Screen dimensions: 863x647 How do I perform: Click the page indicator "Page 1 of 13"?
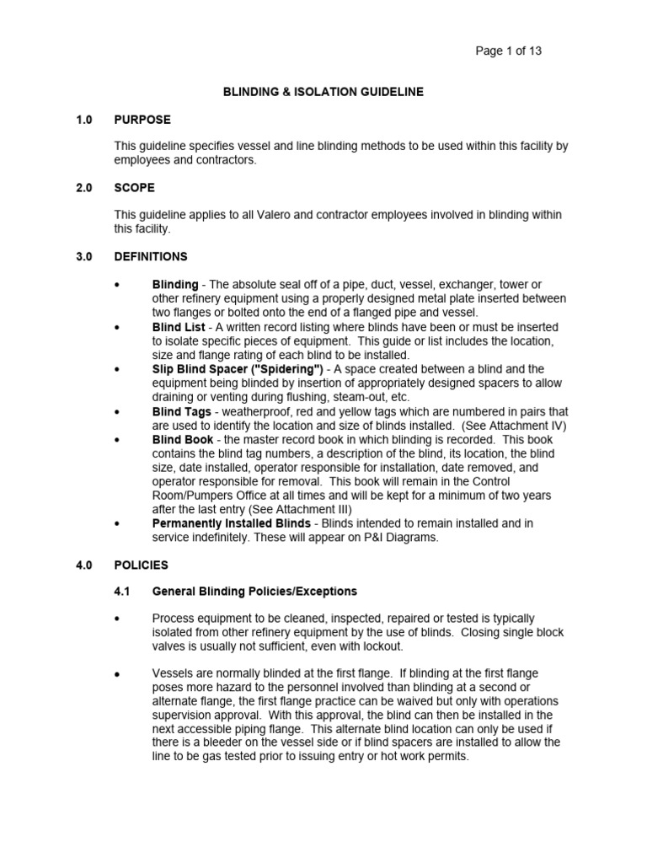pos(508,51)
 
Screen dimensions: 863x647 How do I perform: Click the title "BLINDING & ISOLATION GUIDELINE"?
pos(323,92)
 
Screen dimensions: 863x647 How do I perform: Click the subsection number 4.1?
pos(122,591)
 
